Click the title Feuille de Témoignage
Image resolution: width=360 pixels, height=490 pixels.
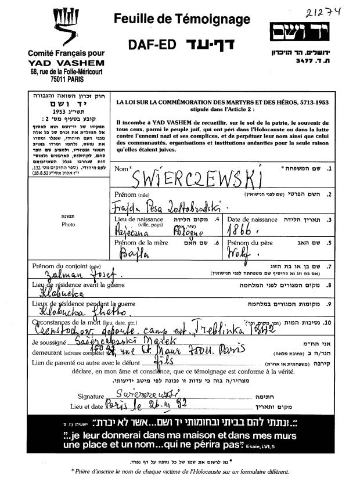pyautogui.click(x=183, y=19)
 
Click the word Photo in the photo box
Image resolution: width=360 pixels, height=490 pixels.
pyautogui.click(x=67, y=224)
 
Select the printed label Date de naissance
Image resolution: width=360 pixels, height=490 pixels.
pyautogui.click(x=252, y=219)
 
